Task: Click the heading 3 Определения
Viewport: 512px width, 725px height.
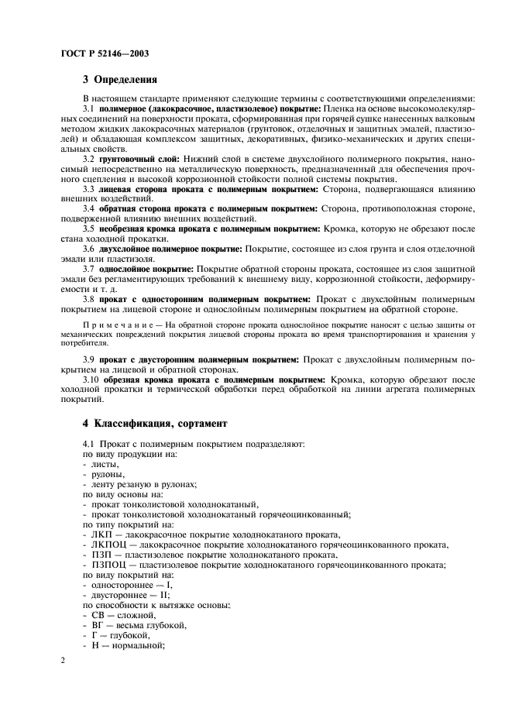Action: coord(120,79)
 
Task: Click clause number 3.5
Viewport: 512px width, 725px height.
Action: coord(89,228)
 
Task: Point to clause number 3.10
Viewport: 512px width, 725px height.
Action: coord(91,380)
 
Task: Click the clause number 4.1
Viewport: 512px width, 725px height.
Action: coord(89,443)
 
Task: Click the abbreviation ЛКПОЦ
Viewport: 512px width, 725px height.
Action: coord(108,545)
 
